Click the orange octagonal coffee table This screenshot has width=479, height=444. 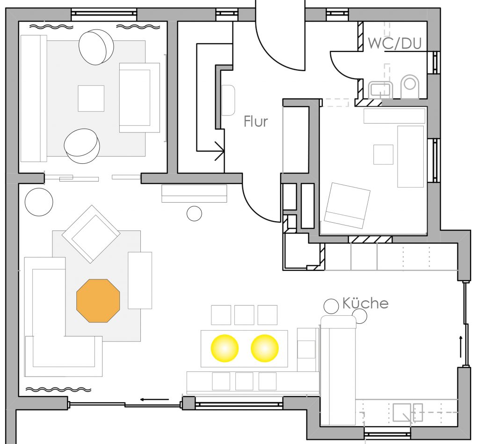(98, 301)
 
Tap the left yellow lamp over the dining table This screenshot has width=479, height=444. (225, 349)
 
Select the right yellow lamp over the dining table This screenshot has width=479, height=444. (265, 349)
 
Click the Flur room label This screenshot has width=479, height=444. (256, 122)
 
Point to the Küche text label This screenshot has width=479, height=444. (365, 303)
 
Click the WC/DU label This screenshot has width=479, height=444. (395, 44)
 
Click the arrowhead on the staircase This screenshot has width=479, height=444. (220, 151)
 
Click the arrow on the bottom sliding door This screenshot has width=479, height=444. (154, 400)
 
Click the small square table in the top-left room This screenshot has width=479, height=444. (91, 98)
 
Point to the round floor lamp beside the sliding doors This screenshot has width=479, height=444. (39, 202)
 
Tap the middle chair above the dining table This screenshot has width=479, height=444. (244, 315)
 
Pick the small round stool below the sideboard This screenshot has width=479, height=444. (194, 213)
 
